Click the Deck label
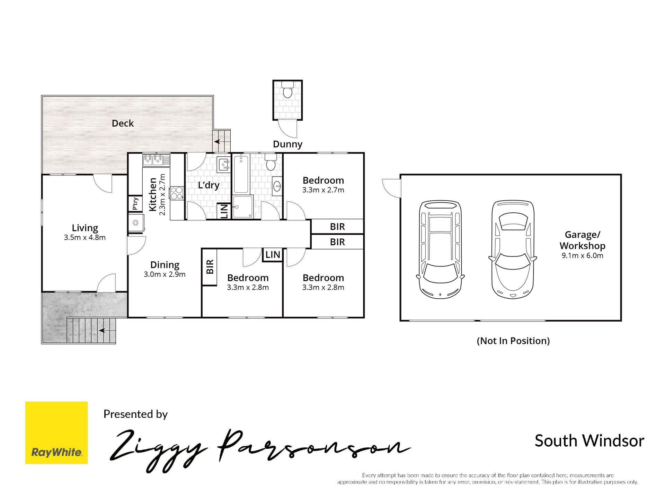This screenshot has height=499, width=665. [123, 123]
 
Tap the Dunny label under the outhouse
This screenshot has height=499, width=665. [287, 144]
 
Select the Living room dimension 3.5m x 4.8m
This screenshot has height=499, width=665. [85, 237]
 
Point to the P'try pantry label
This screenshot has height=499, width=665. [135, 204]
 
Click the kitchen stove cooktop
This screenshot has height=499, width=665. [177, 193]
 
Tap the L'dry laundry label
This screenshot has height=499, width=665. [209, 185]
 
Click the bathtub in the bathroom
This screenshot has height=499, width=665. [241, 174]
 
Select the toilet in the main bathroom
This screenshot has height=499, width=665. [271, 162]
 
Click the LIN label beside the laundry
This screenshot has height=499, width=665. [224, 211]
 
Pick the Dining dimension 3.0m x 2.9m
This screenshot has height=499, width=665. [165, 274]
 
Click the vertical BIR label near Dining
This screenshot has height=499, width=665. [210, 267]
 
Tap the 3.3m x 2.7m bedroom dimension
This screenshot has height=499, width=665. [323, 190]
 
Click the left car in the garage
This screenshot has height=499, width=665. [440, 250]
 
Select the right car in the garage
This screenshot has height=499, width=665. [513, 249]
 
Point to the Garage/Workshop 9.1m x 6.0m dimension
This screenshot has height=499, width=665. [583, 256]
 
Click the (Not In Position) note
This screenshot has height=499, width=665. [513, 341]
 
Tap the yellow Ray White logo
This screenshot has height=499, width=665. [56, 432]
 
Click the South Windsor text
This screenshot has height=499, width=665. [589, 441]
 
